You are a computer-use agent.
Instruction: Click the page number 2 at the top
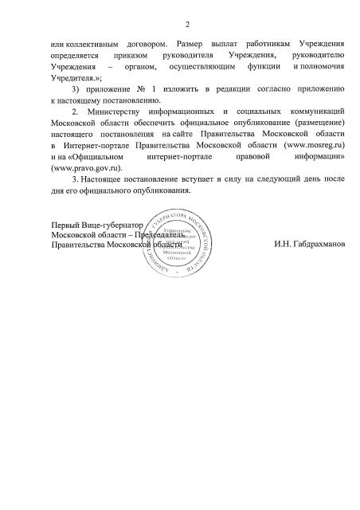[179, 22]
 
